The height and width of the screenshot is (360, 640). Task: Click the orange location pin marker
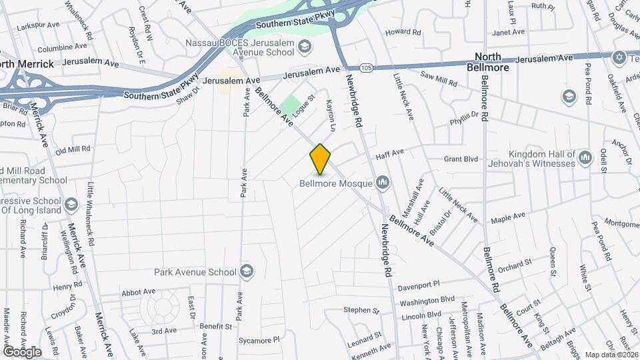[320, 159]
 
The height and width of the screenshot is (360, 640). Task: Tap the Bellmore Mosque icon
[383, 181]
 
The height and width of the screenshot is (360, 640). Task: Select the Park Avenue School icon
[247, 271]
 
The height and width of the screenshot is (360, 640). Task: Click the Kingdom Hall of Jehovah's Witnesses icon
[585, 158]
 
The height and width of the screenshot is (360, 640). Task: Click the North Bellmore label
[491, 62]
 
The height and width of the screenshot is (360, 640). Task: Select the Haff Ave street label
[390, 153]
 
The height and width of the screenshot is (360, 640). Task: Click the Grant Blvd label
[461, 159]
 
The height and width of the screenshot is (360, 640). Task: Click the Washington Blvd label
[427, 301]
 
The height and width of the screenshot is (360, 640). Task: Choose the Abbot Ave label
[138, 291]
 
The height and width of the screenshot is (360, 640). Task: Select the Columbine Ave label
[62, 48]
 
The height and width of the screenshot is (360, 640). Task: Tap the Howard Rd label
[403, 31]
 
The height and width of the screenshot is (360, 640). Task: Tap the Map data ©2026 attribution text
[610, 355]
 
